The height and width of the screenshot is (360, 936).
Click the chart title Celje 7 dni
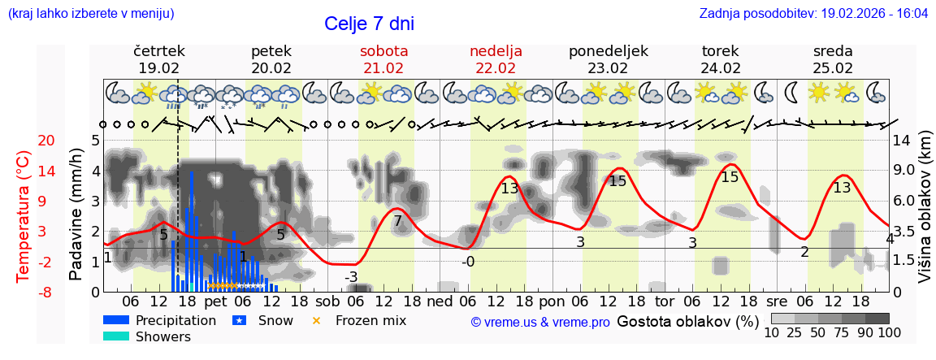[374, 24]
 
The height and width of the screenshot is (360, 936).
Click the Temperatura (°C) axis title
[24, 216]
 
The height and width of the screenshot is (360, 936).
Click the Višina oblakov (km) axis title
[925, 216]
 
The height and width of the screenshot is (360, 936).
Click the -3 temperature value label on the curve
[351, 277]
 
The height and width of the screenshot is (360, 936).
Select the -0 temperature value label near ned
[468, 262]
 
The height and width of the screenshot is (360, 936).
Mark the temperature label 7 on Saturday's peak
[397, 220]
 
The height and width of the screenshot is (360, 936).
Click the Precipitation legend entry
[175, 320]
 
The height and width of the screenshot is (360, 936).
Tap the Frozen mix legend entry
[370, 320]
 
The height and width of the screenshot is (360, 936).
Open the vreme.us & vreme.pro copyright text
[540, 322]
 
